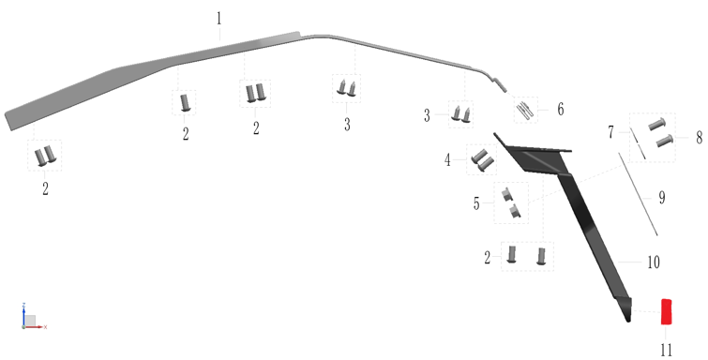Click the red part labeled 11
pyautogui.click(x=667, y=311)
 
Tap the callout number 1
pyautogui.click(x=219, y=19)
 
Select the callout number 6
pyautogui.click(x=561, y=110)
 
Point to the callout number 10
pyautogui.click(x=654, y=262)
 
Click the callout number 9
pyautogui.click(x=662, y=198)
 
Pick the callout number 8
pyautogui.click(x=699, y=138)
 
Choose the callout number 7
pyautogui.click(x=610, y=132)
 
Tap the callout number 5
pyautogui.click(x=476, y=203)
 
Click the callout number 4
pyautogui.click(x=447, y=160)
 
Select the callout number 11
pyautogui.click(x=667, y=350)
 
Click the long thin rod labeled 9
pyautogui.click(x=638, y=194)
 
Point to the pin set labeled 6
pyautogui.click(x=525, y=111)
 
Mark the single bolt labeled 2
pyautogui.click(x=185, y=102)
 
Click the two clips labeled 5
pyautogui.click(x=511, y=203)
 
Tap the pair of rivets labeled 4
pyautogui.click(x=482, y=160)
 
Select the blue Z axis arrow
pyautogui.click(x=23, y=314)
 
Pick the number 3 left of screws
pyautogui.click(x=427, y=116)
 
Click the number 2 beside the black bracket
pyautogui.click(x=488, y=258)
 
